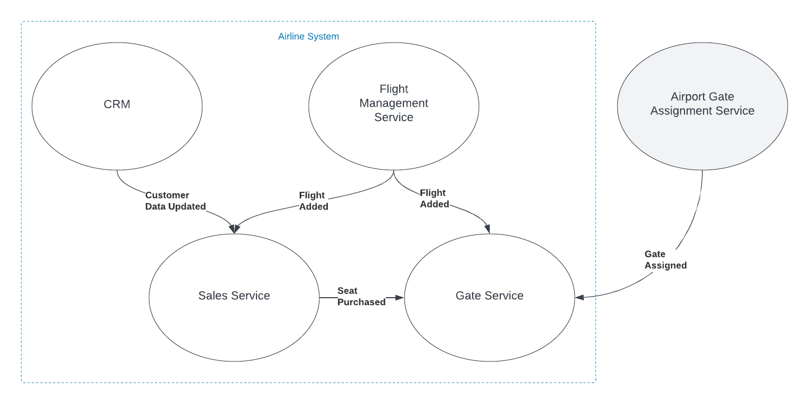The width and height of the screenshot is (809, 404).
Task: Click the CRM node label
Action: (117, 104)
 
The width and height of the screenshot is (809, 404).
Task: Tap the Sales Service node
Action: (234, 296)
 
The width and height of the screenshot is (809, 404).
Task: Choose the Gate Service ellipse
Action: (490, 296)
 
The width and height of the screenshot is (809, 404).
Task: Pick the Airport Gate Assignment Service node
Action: (703, 104)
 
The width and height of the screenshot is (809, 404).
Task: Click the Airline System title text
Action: (309, 37)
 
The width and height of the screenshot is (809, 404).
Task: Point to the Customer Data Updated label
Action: (175, 201)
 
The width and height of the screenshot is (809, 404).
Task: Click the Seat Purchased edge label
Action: (361, 296)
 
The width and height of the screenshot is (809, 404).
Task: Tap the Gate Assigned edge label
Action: (665, 259)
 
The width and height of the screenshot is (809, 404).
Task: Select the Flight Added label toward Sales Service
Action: (313, 201)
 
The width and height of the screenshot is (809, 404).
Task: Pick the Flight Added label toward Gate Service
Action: (434, 198)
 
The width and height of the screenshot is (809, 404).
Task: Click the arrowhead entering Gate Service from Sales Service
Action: (401, 298)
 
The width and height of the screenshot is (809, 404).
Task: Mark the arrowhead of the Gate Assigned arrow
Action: (579, 298)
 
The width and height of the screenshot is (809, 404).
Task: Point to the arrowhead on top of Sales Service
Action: (234, 230)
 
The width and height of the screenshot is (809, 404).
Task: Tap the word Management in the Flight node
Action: (394, 103)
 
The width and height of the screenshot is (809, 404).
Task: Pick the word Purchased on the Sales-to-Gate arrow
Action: (361, 302)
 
